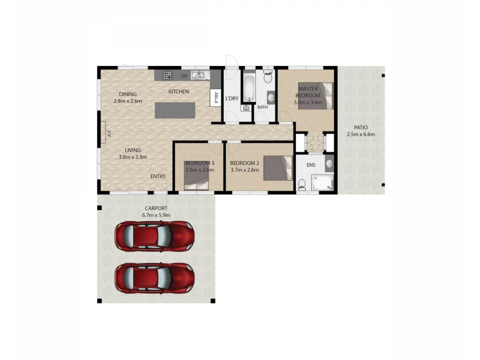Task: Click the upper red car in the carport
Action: click(155, 236)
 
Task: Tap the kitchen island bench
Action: click(175, 110)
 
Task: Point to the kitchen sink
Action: click(200, 76)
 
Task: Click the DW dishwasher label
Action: click(185, 76)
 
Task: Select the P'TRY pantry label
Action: click(215, 98)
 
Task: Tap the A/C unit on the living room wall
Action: click(109, 134)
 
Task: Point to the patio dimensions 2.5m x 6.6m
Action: click(361, 134)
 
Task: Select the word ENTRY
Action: click(158, 176)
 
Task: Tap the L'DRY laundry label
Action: click(232, 98)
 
